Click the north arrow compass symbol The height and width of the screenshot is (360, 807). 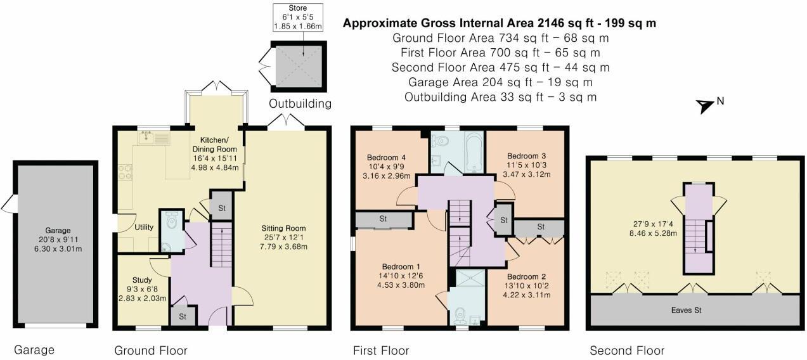[x=705, y=106]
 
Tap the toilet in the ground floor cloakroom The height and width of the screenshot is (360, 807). [x=171, y=223]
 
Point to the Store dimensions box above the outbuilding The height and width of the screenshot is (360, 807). [x=298, y=17]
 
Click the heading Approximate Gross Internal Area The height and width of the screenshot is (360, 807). [x=499, y=23]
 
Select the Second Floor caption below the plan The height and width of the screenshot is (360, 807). [x=626, y=350]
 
